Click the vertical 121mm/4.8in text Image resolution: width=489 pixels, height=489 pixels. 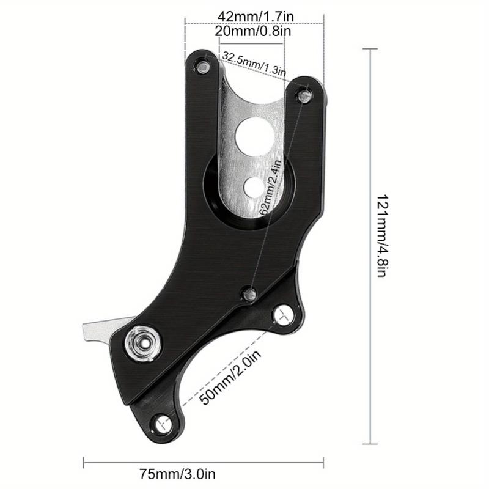(x=380, y=244)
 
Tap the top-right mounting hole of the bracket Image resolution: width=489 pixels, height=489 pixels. (x=304, y=94)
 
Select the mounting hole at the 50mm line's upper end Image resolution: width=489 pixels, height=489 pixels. (x=281, y=314)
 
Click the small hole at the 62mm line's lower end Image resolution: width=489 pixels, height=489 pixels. (x=249, y=293)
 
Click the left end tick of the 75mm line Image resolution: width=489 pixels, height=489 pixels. (x=83, y=461)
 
